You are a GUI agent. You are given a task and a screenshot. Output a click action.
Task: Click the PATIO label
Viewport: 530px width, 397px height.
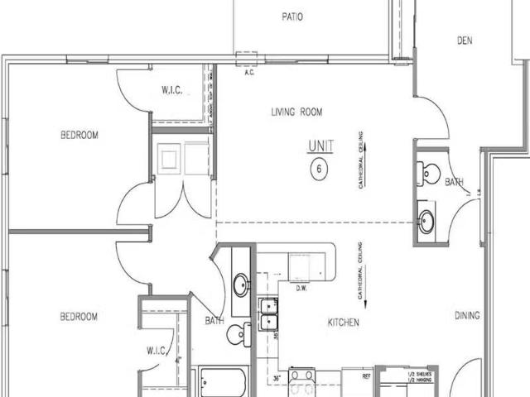pyautogui.click(x=291, y=16)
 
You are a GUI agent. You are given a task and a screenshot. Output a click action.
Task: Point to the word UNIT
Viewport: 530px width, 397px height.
pyautogui.click(x=320, y=146)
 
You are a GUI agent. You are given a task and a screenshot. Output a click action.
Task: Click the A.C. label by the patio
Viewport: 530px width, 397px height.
pyautogui.click(x=248, y=71)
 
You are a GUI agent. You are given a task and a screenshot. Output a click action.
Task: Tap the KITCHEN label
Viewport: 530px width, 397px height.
pyautogui.click(x=342, y=323)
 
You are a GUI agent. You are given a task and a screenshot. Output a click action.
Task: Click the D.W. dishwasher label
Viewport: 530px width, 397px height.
pyautogui.click(x=302, y=289)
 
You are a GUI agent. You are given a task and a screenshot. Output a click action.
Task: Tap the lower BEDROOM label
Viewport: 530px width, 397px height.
pyautogui.click(x=79, y=316)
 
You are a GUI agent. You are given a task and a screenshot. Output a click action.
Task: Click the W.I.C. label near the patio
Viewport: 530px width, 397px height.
pyautogui.click(x=172, y=91)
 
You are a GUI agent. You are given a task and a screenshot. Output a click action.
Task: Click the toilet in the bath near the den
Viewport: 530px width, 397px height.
pyautogui.click(x=430, y=173)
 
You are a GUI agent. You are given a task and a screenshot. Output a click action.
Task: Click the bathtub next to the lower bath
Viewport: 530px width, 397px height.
pyautogui.click(x=221, y=383)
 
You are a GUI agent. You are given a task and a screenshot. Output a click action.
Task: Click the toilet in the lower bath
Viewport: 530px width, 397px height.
pyautogui.click(x=238, y=334)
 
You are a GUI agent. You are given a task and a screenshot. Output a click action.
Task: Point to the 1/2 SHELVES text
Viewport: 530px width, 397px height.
pyautogui.click(x=419, y=375)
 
